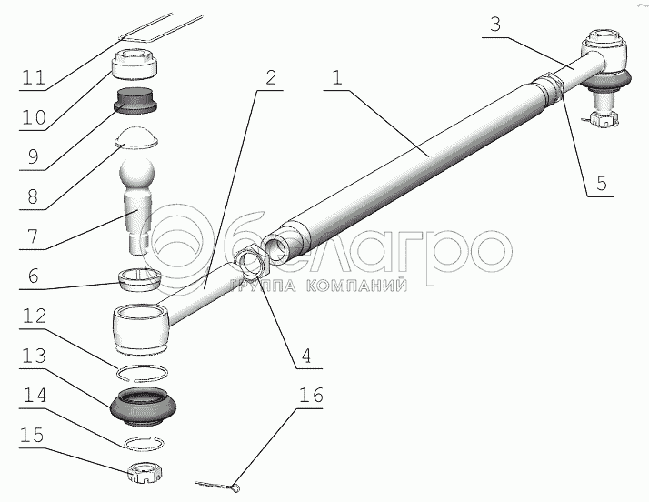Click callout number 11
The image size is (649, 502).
click(34, 77)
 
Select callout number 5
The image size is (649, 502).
click(601, 183)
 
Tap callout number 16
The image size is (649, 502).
click(311, 395)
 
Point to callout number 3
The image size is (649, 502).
click(495, 25)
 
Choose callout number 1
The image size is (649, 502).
click(337, 77)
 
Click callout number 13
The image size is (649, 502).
click(34, 356)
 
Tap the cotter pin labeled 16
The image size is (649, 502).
click(218, 487)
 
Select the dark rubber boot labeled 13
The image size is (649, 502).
click(144, 406)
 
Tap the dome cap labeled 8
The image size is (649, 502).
click(136, 137)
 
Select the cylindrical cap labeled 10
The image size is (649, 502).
click(135, 65)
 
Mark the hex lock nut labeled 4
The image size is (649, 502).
click(251, 264)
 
